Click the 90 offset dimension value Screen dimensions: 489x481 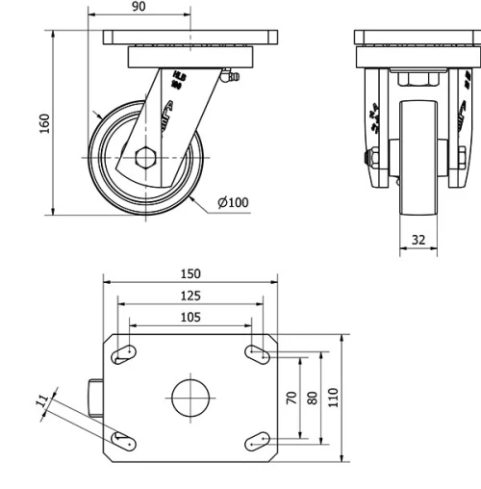(x=138, y=7)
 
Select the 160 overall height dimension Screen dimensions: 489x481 (x=44, y=123)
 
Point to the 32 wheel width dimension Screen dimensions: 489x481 (x=418, y=239)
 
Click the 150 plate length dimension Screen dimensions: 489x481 (x=190, y=274)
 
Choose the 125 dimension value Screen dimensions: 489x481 (x=190, y=296)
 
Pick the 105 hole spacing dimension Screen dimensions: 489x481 (x=190, y=317)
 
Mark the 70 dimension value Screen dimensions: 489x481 (x=291, y=397)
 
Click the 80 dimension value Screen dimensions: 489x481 (x=313, y=397)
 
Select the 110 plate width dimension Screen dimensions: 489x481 (x=334, y=397)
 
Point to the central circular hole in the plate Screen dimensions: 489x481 (x=190, y=397)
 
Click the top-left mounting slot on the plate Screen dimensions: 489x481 (x=123, y=355)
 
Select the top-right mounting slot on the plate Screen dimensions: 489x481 (x=258, y=354)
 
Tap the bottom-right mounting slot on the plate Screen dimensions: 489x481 (x=258, y=440)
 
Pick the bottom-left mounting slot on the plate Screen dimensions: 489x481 (x=123, y=440)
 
